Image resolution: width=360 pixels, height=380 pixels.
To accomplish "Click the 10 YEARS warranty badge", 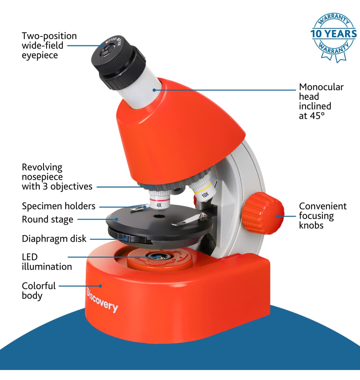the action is coord(334,37).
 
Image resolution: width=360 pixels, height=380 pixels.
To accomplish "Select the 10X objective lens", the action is coord(203,189).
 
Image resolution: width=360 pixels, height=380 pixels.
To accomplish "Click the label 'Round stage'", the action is coord(48,220).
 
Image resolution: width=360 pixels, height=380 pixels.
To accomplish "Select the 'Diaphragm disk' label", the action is coord(54,239).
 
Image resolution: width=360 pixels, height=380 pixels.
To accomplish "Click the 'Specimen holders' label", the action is coord(59,206).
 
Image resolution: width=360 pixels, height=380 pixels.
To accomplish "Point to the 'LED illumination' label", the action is coord(47,262).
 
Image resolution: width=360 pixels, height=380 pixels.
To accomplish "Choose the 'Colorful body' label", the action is coord(39,291).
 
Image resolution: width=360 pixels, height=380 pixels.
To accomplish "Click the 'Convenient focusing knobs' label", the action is coord(323,216).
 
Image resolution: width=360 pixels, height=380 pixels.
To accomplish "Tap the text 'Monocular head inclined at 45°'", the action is coord(321,101).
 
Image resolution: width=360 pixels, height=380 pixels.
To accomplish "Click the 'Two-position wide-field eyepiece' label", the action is coord(49,46).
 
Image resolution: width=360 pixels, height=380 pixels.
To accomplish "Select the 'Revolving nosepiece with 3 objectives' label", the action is coord(57,177).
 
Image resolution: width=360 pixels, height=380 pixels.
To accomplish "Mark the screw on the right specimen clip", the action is coord(203,215).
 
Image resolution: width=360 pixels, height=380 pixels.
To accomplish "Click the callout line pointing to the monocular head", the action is coord(225,90).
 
